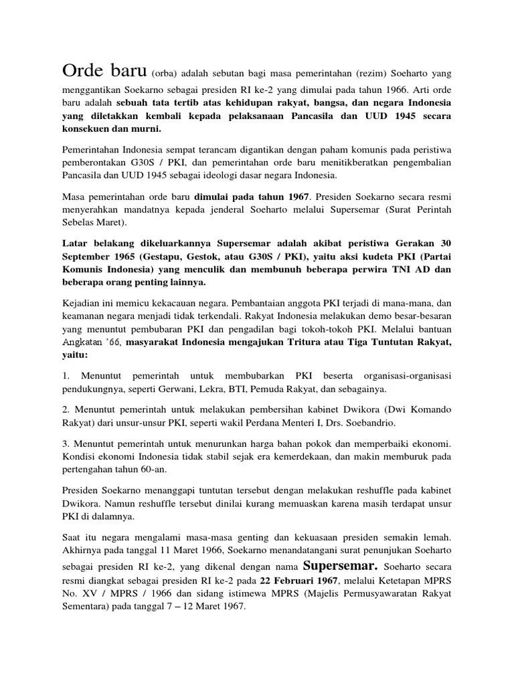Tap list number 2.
66,409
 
